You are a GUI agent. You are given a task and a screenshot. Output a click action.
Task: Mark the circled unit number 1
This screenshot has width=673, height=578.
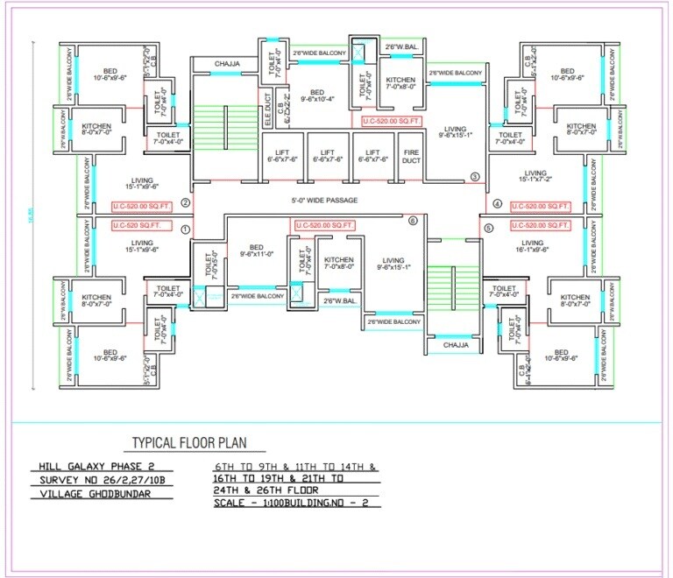coord(185,229)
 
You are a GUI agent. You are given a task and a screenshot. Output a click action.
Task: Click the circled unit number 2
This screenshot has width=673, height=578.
coord(185,203)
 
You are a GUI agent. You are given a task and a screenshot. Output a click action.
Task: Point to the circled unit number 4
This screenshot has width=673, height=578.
coord(497,204)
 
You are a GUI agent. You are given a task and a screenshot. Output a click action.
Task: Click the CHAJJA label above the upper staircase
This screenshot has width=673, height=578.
coord(216,64)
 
